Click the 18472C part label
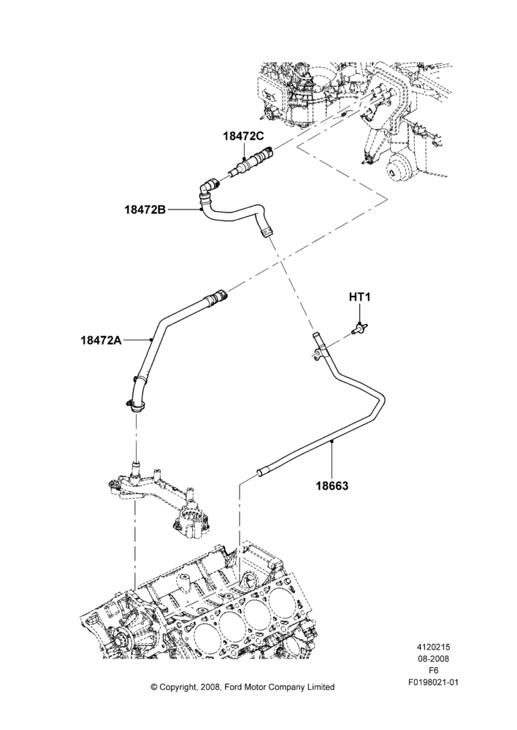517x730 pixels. pyautogui.click(x=243, y=136)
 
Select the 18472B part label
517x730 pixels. pyautogui.click(x=145, y=210)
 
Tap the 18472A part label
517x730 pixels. pyautogui.click(x=101, y=340)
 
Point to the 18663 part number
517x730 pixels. pyautogui.click(x=332, y=485)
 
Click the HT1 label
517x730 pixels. pyautogui.click(x=359, y=296)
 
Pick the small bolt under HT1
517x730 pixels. pyautogui.click(x=358, y=328)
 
